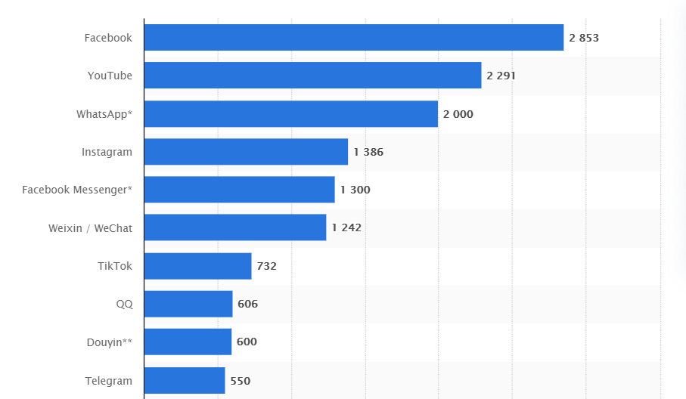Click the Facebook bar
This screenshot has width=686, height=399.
click(353, 38)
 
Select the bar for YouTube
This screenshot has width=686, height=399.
click(312, 76)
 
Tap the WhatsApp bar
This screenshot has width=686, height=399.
click(290, 114)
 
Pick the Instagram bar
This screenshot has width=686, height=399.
click(246, 152)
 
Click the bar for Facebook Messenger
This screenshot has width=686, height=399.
click(239, 190)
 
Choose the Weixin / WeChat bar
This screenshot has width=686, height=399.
click(234, 227)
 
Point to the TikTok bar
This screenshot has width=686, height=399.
click(197, 266)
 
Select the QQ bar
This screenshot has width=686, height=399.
click(188, 304)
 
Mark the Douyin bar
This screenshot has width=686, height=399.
click(188, 342)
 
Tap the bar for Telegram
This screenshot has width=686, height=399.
click(184, 381)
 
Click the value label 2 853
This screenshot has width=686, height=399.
click(584, 38)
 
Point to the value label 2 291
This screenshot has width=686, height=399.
click(501, 76)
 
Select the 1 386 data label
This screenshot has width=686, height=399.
click(368, 152)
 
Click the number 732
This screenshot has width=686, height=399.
click(267, 266)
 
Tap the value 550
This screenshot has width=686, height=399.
click(240, 381)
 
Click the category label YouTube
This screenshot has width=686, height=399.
click(110, 76)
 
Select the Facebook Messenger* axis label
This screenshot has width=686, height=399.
click(77, 190)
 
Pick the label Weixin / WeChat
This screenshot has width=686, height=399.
click(90, 227)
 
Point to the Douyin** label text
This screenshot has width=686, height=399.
click(110, 342)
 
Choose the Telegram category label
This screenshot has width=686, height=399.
click(109, 381)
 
